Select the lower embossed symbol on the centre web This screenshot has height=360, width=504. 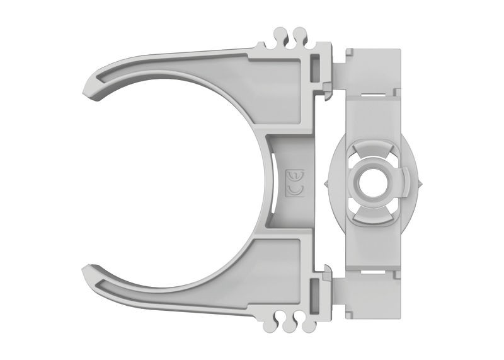click(294, 190)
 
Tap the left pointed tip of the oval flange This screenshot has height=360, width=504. click(326, 183)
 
